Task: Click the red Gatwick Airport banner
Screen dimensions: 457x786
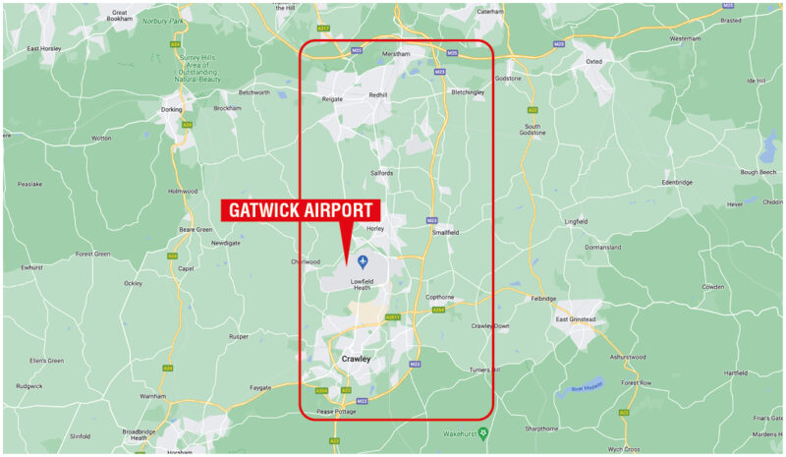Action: pos(301,210)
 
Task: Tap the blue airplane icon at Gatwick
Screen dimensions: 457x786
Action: pos(363,260)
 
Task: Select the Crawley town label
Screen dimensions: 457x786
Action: pos(355,360)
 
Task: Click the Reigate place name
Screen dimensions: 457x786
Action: pos(332,99)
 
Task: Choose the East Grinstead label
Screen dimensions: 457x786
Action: pos(576,319)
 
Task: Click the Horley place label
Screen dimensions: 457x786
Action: pos(374,228)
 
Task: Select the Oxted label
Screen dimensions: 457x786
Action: pos(593,61)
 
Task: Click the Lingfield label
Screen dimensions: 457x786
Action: pos(576,221)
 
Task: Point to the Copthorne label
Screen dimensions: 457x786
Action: pos(439,297)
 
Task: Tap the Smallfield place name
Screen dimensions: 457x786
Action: pos(445,232)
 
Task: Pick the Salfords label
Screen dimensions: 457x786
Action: pos(381,173)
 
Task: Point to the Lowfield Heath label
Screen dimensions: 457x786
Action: pos(362,284)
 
